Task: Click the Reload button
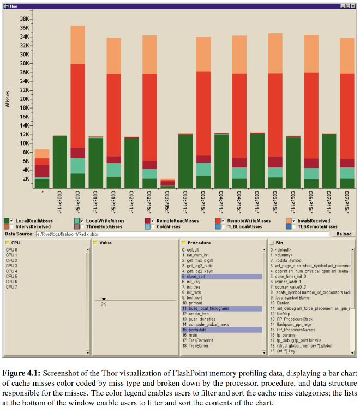344,234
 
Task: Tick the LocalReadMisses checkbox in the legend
12,220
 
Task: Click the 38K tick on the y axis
24,19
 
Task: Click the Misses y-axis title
8,98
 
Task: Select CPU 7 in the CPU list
11,287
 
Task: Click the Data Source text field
180,234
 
